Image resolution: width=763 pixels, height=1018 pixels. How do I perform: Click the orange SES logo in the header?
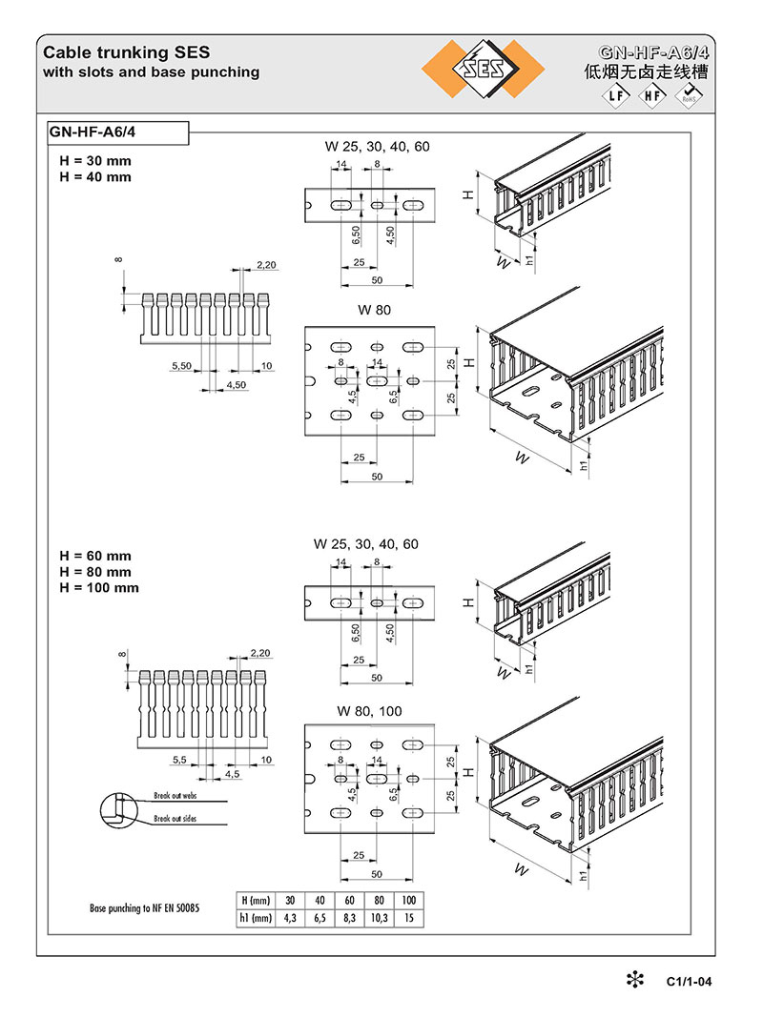pyautogui.click(x=484, y=69)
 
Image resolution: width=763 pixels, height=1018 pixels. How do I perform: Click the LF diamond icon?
pyautogui.click(x=615, y=96)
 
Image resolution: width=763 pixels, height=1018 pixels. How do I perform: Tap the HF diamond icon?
pyautogui.click(x=652, y=96)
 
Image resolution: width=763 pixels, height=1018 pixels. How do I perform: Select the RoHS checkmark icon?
pyautogui.click(x=689, y=95)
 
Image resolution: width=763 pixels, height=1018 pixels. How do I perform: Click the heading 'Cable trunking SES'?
pyautogui.click(x=127, y=52)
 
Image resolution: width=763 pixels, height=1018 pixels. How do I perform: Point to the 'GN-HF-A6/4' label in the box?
pyautogui.click(x=93, y=132)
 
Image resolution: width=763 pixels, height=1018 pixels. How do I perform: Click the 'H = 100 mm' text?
pyautogui.click(x=98, y=587)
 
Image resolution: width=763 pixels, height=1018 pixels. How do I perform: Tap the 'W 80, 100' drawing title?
pyautogui.click(x=369, y=711)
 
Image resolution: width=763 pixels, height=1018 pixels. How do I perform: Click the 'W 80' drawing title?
pyautogui.click(x=374, y=310)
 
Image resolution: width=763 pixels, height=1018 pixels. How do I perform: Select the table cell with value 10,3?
pyautogui.click(x=380, y=918)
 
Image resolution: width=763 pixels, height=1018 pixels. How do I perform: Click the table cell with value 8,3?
pyautogui.click(x=349, y=918)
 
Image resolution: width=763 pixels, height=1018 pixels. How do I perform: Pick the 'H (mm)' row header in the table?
pyautogui.click(x=256, y=901)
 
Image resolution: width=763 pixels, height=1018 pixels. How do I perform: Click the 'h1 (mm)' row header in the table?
pyautogui.click(x=256, y=918)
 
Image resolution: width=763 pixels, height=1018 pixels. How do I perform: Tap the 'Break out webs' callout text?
pyautogui.click(x=175, y=795)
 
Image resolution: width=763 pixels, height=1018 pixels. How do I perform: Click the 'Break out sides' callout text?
pyautogui.click(x=175, y=819)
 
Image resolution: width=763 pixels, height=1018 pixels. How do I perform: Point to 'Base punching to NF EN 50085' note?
pyautogui.click(x=144, y=908)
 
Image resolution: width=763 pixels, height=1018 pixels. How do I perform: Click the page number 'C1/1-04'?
pyautogui.click(x=689, y=982)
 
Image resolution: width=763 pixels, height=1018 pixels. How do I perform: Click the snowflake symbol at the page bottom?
pyautogui.click(x=635, y=980)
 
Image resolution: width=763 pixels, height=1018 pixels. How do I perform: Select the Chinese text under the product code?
pyautogui.click(x=646, y=71)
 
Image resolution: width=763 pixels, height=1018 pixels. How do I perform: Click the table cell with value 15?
pyautogui.click(x=408, y=918)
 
